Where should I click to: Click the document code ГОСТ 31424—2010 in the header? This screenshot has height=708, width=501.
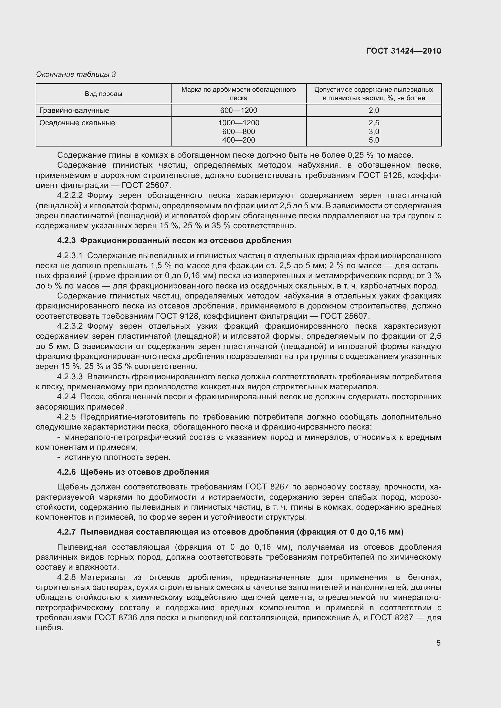[404, 51]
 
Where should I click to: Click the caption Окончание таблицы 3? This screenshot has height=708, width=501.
[76, 74]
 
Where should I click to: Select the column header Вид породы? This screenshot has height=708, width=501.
[103, 94]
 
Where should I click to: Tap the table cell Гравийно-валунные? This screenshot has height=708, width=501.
[74, 110]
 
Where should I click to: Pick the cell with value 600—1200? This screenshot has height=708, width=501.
[239, 110]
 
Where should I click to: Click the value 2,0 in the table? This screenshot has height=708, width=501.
[374, 110]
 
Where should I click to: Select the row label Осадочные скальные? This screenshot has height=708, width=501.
[77, 123]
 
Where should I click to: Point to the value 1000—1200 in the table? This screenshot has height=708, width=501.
[239, 123]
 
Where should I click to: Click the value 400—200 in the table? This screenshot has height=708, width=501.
[239, 140]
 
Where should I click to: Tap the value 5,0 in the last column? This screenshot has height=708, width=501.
[374, 140]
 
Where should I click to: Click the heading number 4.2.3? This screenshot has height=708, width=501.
[66, 241]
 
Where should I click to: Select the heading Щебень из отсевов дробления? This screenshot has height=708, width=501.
[145, 472]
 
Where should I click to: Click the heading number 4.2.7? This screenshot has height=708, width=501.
[66, 532]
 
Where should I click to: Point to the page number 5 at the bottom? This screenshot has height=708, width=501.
[438, 643]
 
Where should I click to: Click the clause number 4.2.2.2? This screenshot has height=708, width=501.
[70, 196]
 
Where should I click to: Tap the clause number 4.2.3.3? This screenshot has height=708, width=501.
[70, 377]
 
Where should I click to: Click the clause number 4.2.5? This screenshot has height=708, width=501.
[66, 417]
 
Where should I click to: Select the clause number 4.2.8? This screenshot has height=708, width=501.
[66, 577]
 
